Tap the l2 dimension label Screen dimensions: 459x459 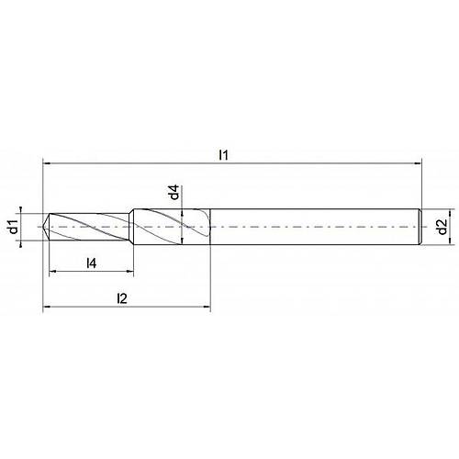pos(121,297)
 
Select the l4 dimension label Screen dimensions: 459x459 pos(92,263)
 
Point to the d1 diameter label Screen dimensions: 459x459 pos(14,226)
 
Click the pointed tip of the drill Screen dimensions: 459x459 pos(45,225)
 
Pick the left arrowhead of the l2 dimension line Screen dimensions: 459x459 pos(48,308)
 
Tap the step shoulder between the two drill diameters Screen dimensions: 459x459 pos(134,226)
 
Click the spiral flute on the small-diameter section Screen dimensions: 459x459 pos(92,226)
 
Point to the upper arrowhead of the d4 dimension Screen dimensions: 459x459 pos(185,212)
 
